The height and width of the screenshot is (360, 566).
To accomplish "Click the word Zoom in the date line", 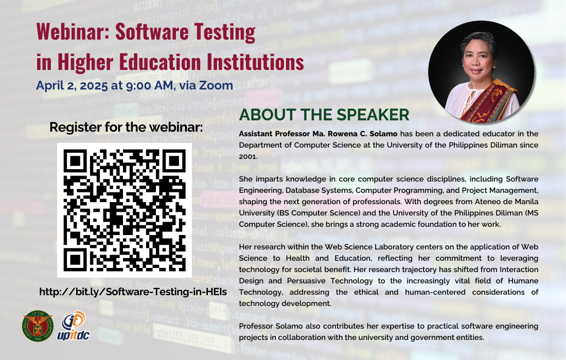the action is (x=216, y=85).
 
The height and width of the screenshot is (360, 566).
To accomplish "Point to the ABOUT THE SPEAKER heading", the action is (x=324, y=115).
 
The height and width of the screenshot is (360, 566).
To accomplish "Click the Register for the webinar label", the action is (x=126, y=127).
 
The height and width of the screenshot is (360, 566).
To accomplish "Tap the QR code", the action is (x=125, y=210).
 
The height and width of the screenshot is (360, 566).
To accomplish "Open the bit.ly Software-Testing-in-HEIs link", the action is (x=133, y=292).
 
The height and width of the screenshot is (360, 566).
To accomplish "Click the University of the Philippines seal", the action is (x=38, y=326).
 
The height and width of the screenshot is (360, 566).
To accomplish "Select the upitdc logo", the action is (x=73, y=326).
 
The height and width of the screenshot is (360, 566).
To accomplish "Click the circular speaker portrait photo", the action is (x=481, y=72).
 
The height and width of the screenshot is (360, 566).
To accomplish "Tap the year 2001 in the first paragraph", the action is (x=248, y=156).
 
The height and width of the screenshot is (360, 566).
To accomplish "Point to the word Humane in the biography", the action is (x=523, y=281).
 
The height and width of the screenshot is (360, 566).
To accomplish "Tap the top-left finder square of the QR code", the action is (x=75, y=161).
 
